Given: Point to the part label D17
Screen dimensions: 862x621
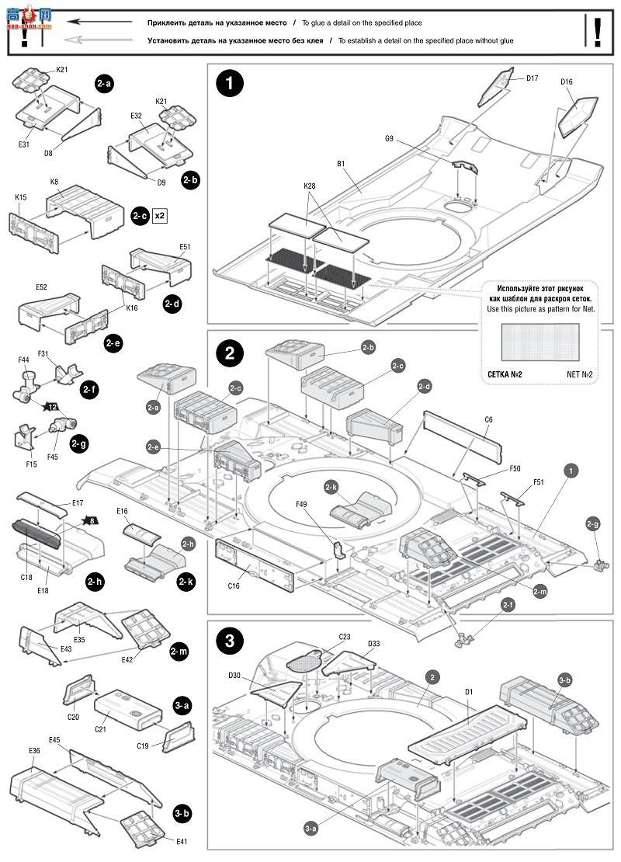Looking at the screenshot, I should pyautogui.click(x=533, y=78).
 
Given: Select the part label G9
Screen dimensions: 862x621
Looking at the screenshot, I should pyautogui.click(x=389, y=139).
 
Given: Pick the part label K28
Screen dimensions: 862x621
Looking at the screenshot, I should pyautogui.click(x=309, y=186).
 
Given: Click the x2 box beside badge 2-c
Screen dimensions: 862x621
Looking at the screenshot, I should pyautogui.click(x=160, y=215).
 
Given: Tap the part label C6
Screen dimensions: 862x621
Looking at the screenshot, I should pyautogui.click(x=488, y=419).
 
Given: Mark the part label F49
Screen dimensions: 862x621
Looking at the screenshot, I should pyautogui.click(x=303, y=503).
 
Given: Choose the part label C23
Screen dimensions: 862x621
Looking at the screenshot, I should pyautogui.click(x=345, y=637).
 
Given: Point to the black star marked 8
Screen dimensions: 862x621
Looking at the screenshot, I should pyautogui.click(x=92, y=521).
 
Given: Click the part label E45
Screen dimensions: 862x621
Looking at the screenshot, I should pyautogui.click(x=54, y=739).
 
